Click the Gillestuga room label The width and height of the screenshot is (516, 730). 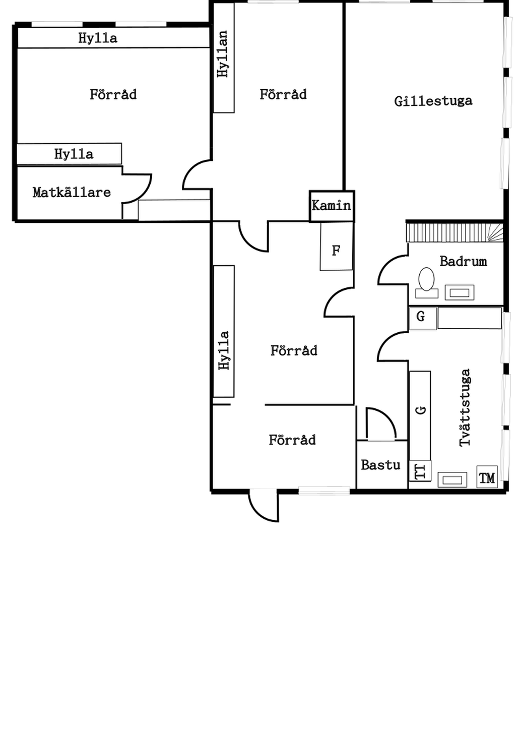click(433, 101)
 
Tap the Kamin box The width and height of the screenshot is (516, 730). click(332, 206)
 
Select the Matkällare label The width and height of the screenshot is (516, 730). click(72, 192)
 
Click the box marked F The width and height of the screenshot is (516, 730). click(336, 250)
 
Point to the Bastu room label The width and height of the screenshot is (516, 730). click(380, 465)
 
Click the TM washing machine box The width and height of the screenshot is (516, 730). click(487, 477)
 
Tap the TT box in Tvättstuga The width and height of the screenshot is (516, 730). click(420, 471)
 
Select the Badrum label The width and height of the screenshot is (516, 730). click(463, 261)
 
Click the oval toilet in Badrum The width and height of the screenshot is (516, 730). click(427, 279)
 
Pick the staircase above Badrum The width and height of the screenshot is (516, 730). click(454, 233)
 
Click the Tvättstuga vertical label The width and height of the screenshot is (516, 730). click(465, 407)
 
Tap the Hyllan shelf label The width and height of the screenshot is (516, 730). click(222, 54)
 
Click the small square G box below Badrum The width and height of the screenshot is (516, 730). click(422, 318)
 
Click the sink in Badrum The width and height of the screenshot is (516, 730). click(459, 292)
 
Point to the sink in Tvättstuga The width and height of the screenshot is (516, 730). click(452, 479)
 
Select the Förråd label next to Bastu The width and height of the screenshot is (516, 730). click(292, 440)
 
